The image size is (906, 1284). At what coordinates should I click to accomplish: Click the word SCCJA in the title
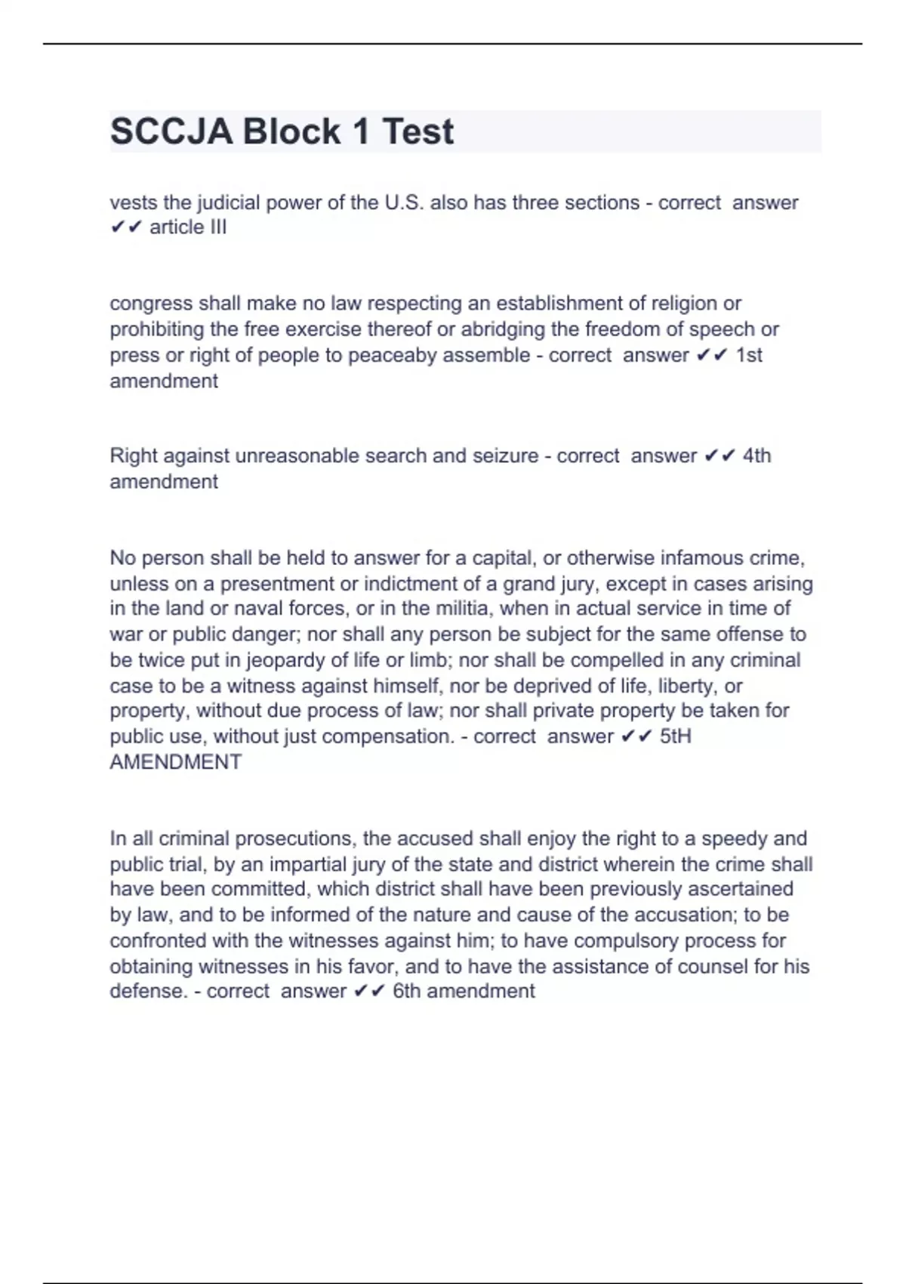coord(172,131)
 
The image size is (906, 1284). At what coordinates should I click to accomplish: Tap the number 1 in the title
coord(361,131)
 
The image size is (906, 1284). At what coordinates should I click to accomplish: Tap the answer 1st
coord(749,355)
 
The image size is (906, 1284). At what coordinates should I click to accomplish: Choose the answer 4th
coord(757,455)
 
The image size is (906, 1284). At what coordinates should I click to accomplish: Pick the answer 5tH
coord(675,736)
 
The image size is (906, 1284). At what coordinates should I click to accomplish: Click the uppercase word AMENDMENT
coord(176,762)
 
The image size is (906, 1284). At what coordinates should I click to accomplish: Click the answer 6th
coord(406,991)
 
